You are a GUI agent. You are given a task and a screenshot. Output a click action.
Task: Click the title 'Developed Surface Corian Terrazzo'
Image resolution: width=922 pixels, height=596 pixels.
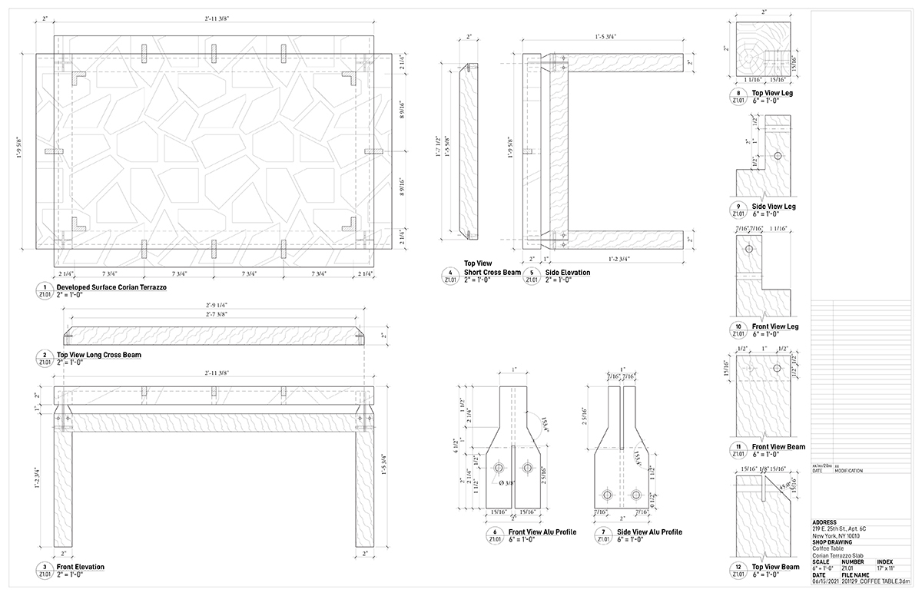point(111,287)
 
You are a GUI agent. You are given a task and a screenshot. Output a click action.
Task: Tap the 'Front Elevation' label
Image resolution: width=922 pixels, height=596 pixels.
point(81,567)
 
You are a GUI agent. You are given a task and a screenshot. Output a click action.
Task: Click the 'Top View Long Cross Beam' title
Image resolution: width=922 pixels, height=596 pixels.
point(99,355)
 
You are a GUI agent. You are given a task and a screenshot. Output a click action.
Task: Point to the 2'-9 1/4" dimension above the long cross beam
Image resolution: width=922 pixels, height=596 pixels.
point(213,305)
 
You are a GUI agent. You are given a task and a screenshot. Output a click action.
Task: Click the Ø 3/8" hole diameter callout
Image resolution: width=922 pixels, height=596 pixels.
point(506,482)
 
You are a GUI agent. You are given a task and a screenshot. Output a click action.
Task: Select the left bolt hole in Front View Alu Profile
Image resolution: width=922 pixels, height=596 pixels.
point(499,468)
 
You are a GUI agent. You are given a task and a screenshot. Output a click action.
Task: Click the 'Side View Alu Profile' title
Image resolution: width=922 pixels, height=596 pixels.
point(649,531)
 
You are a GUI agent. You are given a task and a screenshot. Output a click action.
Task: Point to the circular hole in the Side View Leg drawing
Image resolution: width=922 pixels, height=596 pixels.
point(777,155)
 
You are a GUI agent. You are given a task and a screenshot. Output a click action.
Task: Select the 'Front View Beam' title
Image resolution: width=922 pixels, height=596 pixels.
point(778,446)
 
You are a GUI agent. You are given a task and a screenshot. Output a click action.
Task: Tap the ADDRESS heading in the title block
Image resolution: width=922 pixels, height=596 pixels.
point(824,521)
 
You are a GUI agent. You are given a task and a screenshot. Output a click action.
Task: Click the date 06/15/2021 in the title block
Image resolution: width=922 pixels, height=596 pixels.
point(826,581)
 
